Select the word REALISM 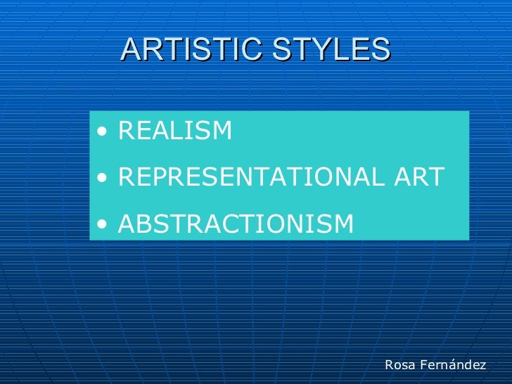[x=175, y=130]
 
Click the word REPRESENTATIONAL [x=250, y=177]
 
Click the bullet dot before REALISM [x=104, y=131]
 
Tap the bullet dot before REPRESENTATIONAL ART [x=104, y=178]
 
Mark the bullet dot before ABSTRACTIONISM [x=104, y=224]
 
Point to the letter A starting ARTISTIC [x=131, y=49]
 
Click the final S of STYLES [x=380, y=49]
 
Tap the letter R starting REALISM [x=127, y=130]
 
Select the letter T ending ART [x=437, y=177]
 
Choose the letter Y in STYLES [x=310, y=49]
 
